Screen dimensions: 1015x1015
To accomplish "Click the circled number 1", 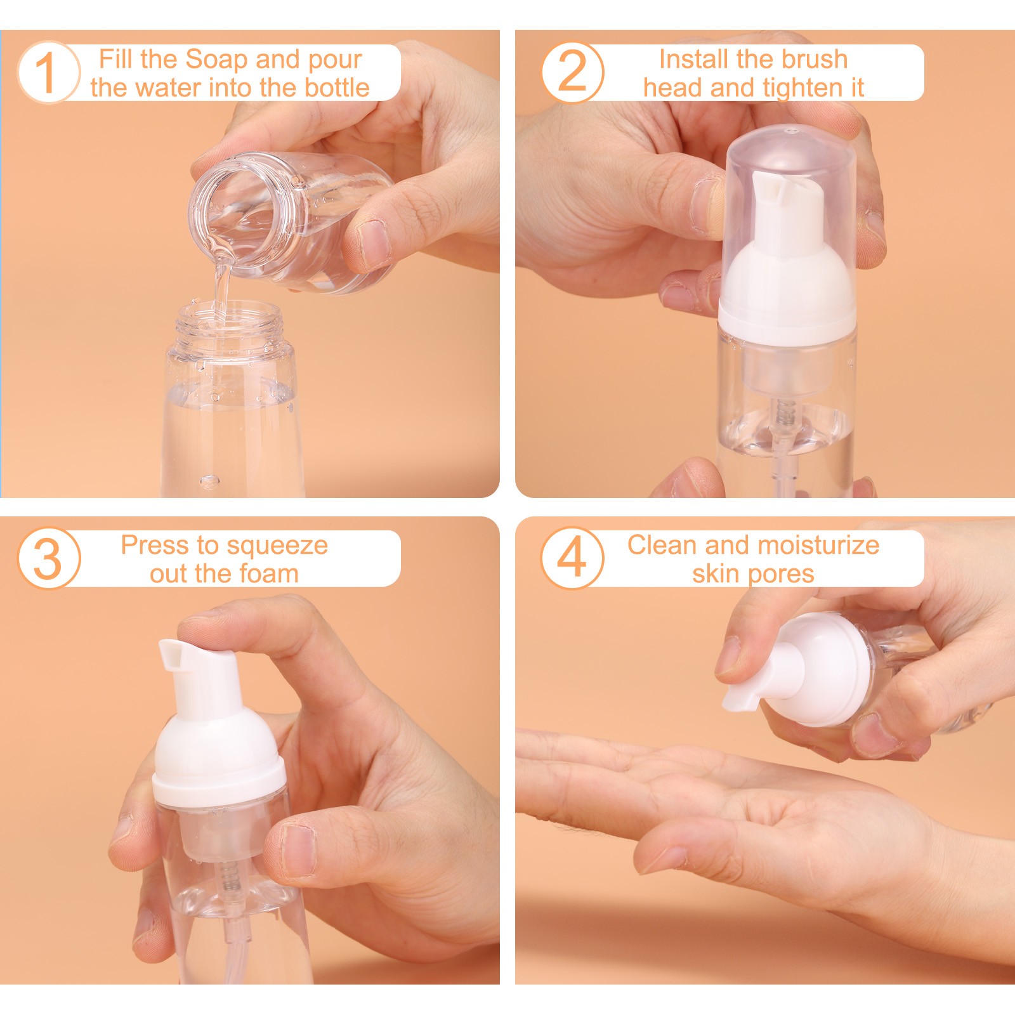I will tap(47, 72).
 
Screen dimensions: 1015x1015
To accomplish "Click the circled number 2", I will tap(572, 72).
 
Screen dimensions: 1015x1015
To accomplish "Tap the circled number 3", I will tap(47, 558).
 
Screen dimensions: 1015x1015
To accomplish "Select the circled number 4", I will tap(572, 558).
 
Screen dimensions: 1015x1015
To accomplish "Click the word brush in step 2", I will tap(814, 60).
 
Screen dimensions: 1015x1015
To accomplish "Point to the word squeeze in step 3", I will tap(277, 546).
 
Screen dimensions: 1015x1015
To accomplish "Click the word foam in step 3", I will tap(268, 574).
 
